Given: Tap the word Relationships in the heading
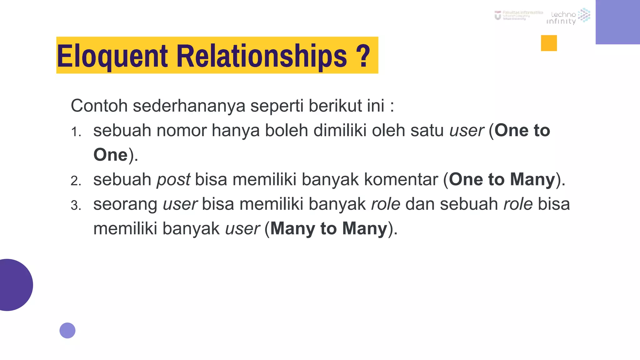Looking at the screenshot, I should coord(262,56).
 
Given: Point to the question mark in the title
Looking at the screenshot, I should coord(363,56).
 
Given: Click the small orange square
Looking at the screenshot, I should coord(549,43).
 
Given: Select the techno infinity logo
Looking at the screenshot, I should coord(568,16).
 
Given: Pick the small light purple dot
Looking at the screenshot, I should coord(67,330).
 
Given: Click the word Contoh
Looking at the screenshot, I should coord(99,106).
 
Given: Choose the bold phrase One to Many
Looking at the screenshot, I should coord(502,179).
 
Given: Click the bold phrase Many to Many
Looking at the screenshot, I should coord(329,228).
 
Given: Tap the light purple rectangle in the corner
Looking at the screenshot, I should coord(617,22).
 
